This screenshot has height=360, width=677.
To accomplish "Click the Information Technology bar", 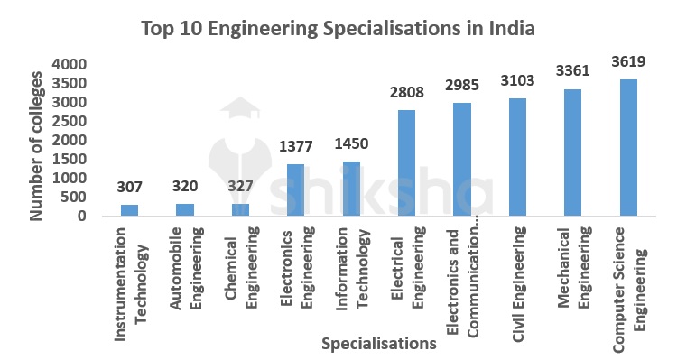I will pyautogui.click(x=351, y=189).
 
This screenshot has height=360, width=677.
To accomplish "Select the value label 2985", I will pyautogui.click(x=462, y=85).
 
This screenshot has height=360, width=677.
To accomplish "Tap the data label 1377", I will pyautogui.click(x=296, y=146).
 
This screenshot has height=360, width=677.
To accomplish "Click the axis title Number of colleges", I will pyautogui.click(x=37, y=140).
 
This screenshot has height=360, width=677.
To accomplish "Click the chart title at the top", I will pyautogui.click(x=338, y=28).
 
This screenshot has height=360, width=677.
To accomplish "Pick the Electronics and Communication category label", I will pyautogui.click(x=462, y=280).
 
